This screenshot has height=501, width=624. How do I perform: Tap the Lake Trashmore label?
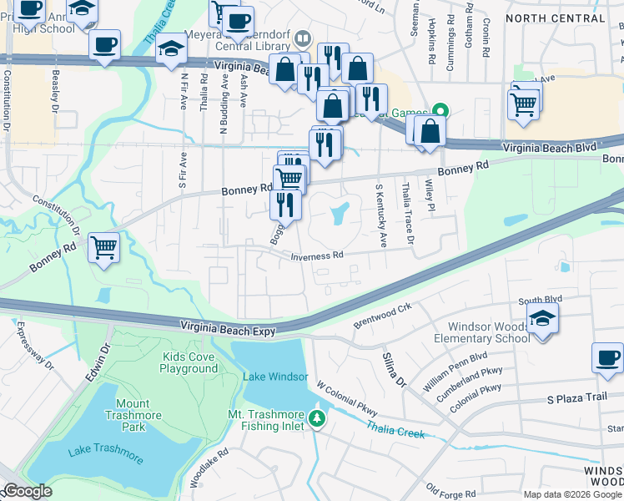tap(106, 455)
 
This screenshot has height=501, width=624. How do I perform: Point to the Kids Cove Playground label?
tap(189, 362)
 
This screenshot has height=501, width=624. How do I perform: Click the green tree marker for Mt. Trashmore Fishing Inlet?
tap(316, 417)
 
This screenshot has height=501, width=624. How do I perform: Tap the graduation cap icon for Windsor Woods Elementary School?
tap(542, 318)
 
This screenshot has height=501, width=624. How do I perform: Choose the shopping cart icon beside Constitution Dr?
tap(104, 247)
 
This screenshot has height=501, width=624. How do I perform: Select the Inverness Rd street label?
tap(317, 256)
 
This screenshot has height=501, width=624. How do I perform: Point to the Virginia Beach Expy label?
tap(229, 331)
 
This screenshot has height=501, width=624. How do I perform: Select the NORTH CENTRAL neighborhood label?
tap(554, 18)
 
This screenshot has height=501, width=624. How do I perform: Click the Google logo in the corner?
tap(27, 491)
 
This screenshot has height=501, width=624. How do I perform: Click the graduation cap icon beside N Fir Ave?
tap(171, 49)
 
